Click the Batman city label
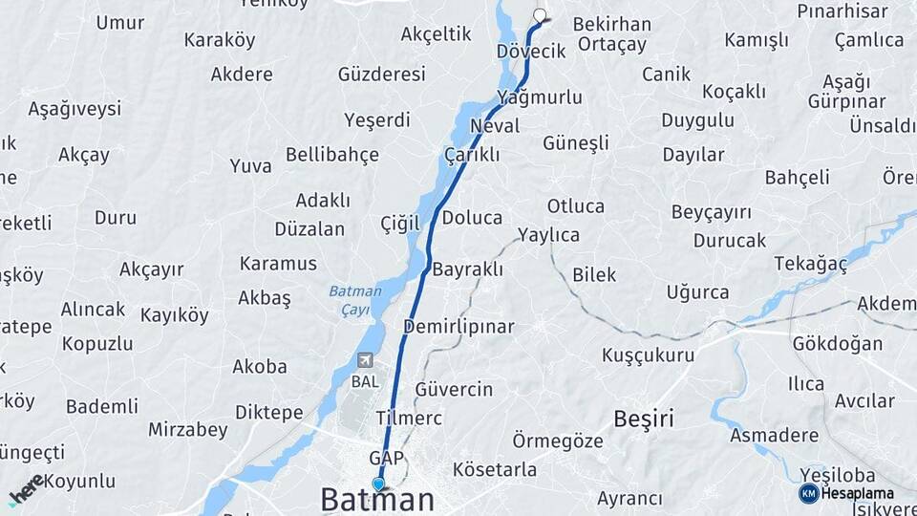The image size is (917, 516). [x=377, y=500]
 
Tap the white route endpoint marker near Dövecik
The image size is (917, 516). [x=541, y=15]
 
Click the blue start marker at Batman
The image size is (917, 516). [x=379, y=484]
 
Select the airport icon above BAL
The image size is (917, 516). [x=365, y=360]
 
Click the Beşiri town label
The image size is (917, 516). [x=644, y=418]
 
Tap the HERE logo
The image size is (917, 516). [x=27, y=489]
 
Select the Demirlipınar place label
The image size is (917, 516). [x=458, y=327]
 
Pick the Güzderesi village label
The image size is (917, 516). [x=382, y=75]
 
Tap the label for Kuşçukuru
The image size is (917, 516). [x=648, y=355]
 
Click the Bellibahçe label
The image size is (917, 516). [x=332, y=155]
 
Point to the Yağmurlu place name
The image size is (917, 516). [x=540, y=97]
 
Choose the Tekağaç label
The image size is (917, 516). [x=811, y=264]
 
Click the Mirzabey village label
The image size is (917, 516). [x=188, y=430]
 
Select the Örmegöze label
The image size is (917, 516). [x=558, y=441]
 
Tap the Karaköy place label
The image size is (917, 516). [x=220, y=40]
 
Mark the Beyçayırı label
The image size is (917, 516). [x=712, y=212]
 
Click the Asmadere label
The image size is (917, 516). [x=775, y=436]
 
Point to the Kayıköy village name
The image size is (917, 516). [x=175, y=315]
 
